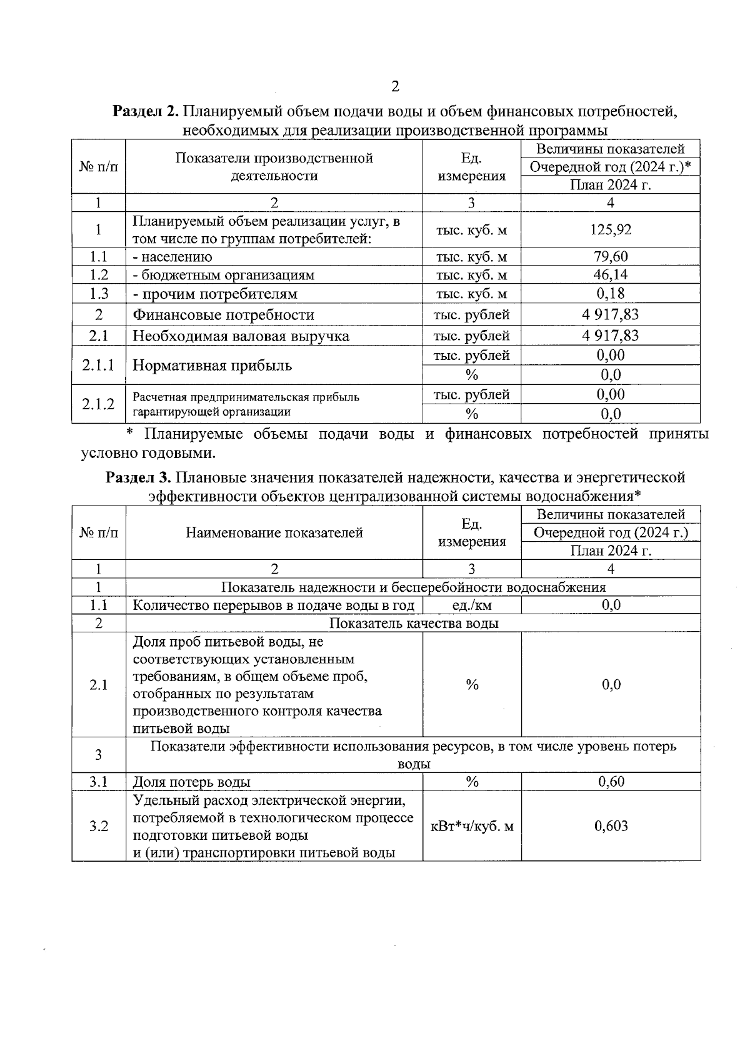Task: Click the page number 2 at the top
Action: [x=394, y=87]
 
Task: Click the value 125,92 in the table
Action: [x=610, y=229]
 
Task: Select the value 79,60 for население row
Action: [x=610, y=256]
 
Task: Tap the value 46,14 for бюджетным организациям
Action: [x=610, y=274]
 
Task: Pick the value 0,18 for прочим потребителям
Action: [x=610, y=293]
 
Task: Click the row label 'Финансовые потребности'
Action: [x=223, y=315]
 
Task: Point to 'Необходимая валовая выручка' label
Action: [x=241, y=336]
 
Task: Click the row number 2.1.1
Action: [x=98, y=365]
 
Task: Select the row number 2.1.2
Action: [x=98, y=404]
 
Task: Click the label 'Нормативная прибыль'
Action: [x=212, y=366]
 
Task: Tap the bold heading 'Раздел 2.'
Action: [x=146, y=112]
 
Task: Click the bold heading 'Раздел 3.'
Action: [x=138, y=478]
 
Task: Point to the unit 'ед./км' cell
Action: [x=471, y=605]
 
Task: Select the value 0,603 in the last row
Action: [x=611, y=826]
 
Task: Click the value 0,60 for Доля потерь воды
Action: [x=611, y=782]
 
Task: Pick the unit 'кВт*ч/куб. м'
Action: [x=472, y=826]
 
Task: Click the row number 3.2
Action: [x=98, y=826]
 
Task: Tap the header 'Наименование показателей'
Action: [x=274, y=533]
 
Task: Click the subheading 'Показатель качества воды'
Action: [x=413, y=623]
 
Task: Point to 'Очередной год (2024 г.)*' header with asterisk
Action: [x=610, y=167]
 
